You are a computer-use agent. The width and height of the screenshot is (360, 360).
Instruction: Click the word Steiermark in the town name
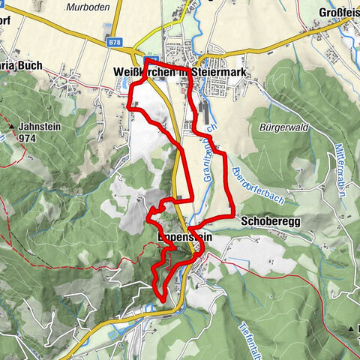[223, 71]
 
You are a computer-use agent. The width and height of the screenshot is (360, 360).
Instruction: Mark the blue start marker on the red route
[149, 61]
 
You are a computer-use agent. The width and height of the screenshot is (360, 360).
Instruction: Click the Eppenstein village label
[185, 237]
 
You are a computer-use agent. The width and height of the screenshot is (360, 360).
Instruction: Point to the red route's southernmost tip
[163, 300]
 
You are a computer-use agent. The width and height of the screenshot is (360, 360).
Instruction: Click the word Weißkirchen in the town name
[143, 71]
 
